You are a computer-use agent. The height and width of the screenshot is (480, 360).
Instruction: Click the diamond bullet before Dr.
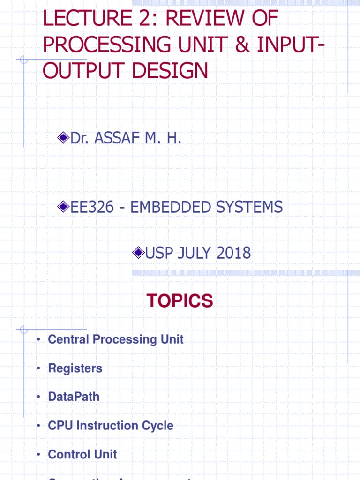coord(63,138)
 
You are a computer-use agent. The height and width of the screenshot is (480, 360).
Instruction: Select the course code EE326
coord(92,207)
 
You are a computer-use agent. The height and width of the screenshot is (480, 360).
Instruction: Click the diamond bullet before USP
coord(138,253)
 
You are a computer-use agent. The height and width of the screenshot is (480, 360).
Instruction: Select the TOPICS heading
coord(180,301)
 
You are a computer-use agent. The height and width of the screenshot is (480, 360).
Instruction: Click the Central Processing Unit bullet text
coord(116,339)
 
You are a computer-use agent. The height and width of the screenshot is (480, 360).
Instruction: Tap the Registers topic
coord(75,368)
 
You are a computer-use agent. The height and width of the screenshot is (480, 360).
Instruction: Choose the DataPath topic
coord(74,397)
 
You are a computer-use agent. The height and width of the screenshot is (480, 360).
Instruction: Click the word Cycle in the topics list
coord(157,426)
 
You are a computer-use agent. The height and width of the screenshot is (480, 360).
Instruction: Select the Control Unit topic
coord(82,454)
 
